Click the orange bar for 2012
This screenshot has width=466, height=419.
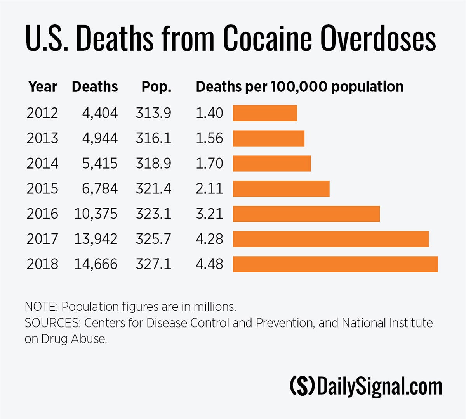265,113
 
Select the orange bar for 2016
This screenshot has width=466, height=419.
306,214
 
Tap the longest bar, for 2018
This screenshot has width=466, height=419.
335,264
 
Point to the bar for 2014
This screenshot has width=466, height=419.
272,164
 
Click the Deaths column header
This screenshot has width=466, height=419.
95,87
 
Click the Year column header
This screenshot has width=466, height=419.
43,87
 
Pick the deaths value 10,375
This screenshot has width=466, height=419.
96,214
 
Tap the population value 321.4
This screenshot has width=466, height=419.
153,189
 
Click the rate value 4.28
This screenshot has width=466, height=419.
209,239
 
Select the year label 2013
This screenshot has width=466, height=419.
42,138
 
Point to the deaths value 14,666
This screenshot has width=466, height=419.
96,264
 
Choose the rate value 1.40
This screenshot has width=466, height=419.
209,113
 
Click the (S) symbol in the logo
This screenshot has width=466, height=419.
302,386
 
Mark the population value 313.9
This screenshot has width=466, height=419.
153,113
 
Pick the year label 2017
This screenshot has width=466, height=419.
42,239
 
